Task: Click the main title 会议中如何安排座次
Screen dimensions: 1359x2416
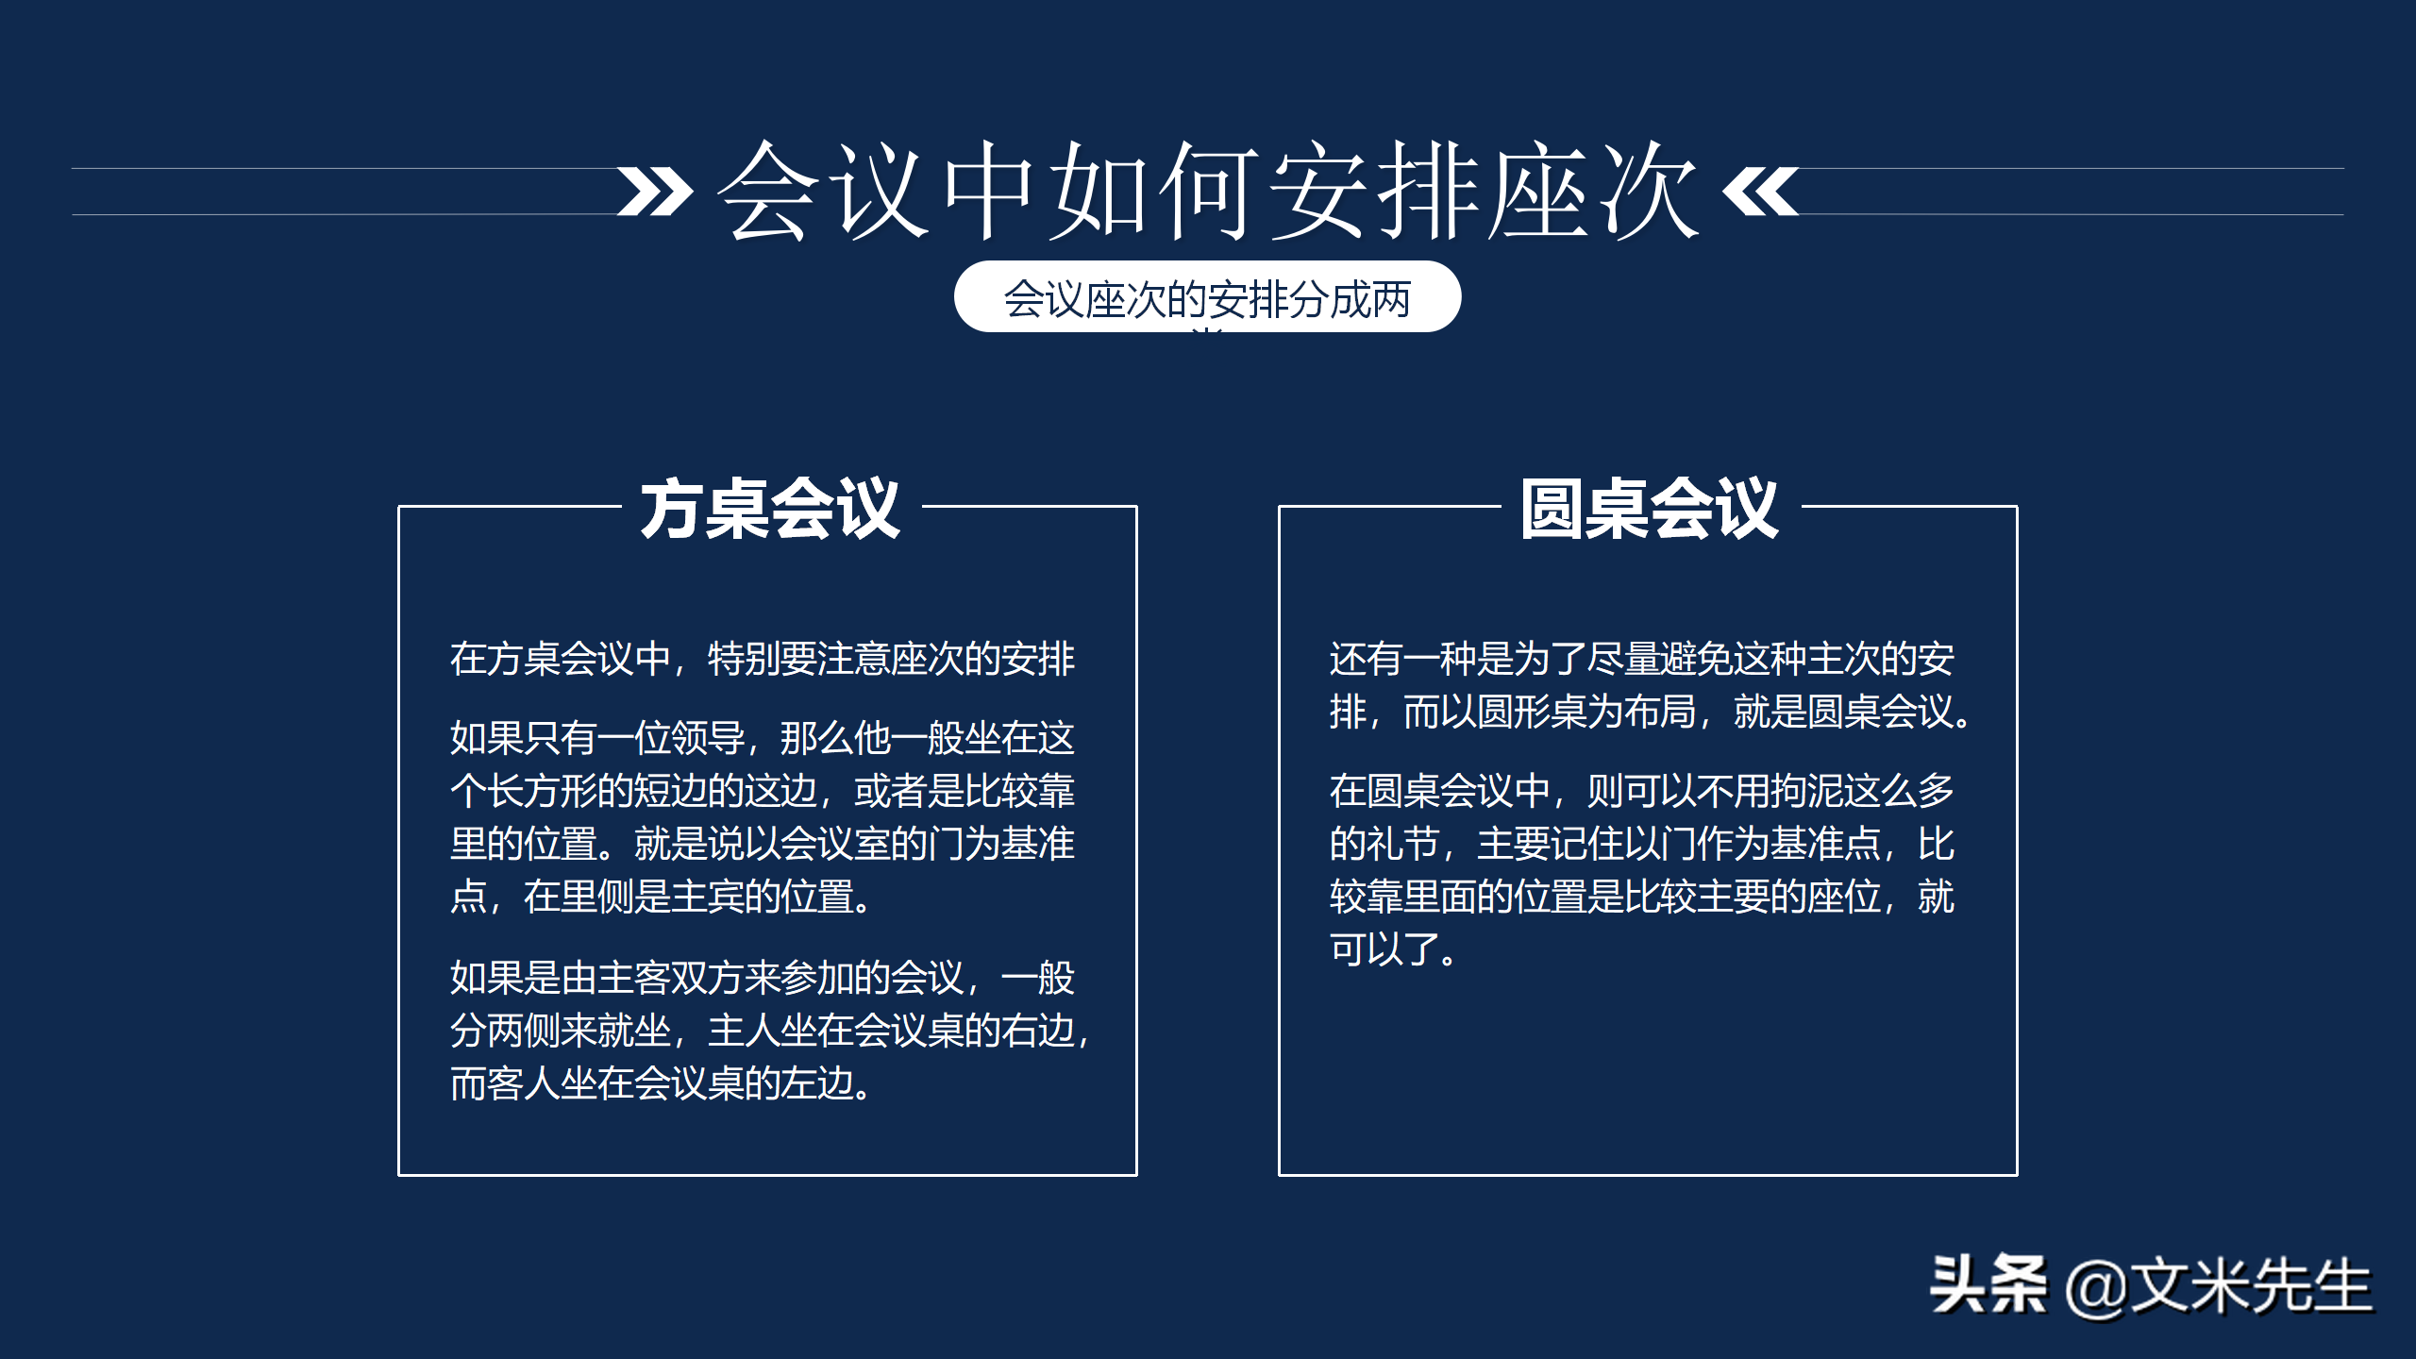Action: point(1208,191)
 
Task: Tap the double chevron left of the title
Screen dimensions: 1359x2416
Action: point(655,192)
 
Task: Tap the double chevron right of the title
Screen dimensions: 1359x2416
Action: point(1760,192)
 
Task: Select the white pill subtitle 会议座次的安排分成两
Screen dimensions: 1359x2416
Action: point(1207,298)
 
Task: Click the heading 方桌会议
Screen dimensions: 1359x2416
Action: point(770,510)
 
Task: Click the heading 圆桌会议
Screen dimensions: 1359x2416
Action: point(1650,510)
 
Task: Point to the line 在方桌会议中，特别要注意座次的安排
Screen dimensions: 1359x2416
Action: point(763,659)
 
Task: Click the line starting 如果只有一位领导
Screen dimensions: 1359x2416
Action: point(763,738)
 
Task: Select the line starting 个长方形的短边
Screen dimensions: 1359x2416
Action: point(763,791)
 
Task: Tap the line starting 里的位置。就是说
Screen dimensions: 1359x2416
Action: point(763,844)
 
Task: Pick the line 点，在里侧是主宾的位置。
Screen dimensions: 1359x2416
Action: point(661,897)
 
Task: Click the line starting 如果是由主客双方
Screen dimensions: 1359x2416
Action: point(763,978)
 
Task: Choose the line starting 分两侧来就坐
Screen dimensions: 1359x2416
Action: point(770,1031)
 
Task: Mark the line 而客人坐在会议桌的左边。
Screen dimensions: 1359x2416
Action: point(661,1083)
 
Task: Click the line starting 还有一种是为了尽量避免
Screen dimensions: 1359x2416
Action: point(1642,659)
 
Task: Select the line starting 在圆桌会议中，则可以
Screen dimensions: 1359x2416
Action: point(1642,791)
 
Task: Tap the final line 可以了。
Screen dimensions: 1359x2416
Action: point(1393,949)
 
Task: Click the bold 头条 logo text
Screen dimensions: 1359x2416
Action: point(1988,1285)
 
